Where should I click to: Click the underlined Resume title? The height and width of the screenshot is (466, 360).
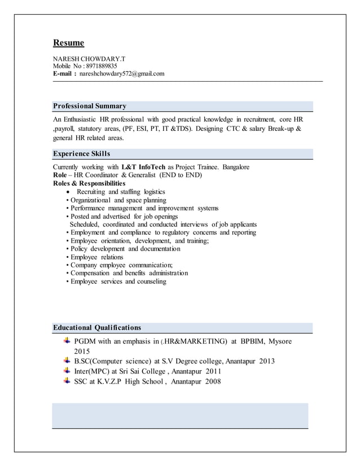coord(68,43)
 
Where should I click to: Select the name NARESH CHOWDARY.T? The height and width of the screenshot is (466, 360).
coord(85,59)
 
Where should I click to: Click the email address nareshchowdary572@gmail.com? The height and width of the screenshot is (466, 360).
coord(121,73)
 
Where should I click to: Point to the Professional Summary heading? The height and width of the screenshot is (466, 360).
coord(89,106)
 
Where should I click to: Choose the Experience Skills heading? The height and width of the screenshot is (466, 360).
coord(81,153)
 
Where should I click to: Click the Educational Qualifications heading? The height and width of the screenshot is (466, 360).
coord(96,327)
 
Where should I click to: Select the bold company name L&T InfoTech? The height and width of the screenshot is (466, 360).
coord(143,168)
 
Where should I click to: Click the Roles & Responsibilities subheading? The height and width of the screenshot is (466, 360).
coord(89,183)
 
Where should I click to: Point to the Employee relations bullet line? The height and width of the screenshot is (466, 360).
coord(96,257)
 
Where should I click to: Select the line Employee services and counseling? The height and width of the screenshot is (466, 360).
coord(118,281)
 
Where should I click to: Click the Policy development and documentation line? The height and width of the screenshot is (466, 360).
coord(125,249)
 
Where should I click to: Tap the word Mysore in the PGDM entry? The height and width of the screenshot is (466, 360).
coord(280,341)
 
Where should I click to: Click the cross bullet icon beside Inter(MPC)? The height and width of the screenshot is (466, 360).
coord(67,371)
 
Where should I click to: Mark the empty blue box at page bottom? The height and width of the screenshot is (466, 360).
coord(180,415)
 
